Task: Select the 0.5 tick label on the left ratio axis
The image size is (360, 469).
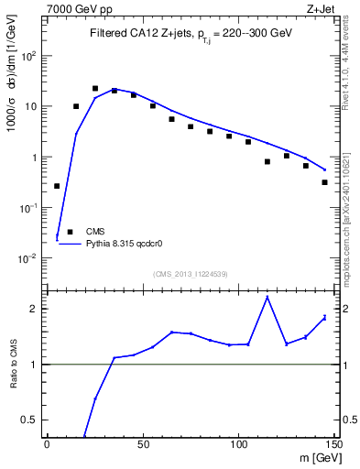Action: point(30,420)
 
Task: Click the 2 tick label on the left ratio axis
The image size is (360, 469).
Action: point(35,309)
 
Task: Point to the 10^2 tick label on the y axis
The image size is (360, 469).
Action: point(29,55)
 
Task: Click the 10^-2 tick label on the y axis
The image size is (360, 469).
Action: point(29,258)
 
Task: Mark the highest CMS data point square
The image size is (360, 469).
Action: point(95,89)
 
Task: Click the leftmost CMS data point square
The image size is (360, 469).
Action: point(57,186)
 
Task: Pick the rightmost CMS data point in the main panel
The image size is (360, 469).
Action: point(325,182)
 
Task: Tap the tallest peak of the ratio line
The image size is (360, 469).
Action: point(267,297)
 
